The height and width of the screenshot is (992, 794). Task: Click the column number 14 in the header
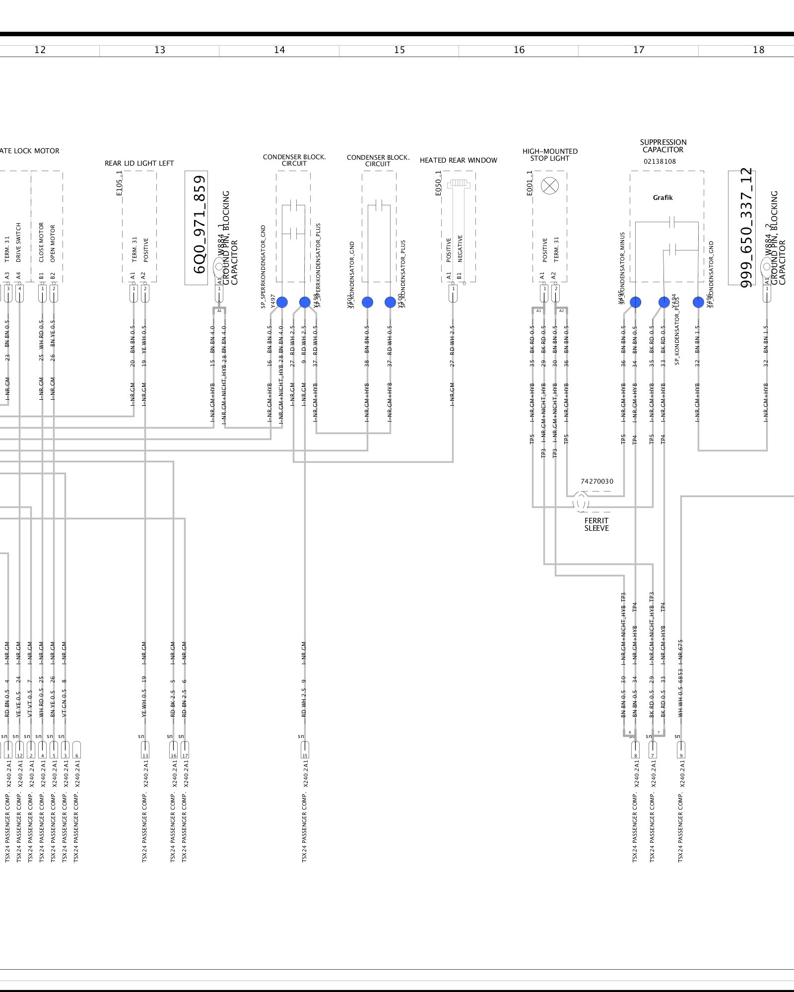tap(279, 50)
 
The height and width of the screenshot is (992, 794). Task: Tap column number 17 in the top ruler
tap(639, 50)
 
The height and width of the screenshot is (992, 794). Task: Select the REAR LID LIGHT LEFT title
tap(139, 163)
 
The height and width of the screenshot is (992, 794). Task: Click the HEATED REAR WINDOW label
tap(458, 160)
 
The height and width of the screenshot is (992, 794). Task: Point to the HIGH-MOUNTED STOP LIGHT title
tap(550, 155)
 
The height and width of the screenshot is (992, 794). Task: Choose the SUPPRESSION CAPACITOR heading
tap(663, 146)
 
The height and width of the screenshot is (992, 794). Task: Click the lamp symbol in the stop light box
tap(549, 186)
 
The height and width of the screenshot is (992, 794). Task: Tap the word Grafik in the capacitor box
tap(662, 197)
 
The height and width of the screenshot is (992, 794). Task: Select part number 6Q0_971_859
tap(199, 224)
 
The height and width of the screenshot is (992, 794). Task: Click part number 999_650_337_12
tap(746, 228)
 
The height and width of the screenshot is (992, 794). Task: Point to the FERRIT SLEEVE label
tap(596, 524)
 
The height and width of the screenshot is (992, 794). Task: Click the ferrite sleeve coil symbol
tap(581, 502)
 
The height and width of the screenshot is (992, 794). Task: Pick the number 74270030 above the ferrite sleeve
tap(596, 481)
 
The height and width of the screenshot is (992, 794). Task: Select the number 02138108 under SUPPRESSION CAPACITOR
tap(660, 161)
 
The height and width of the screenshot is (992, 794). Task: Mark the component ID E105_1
tap(119, 183)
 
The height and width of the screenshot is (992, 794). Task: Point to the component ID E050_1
tap(438, 183)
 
